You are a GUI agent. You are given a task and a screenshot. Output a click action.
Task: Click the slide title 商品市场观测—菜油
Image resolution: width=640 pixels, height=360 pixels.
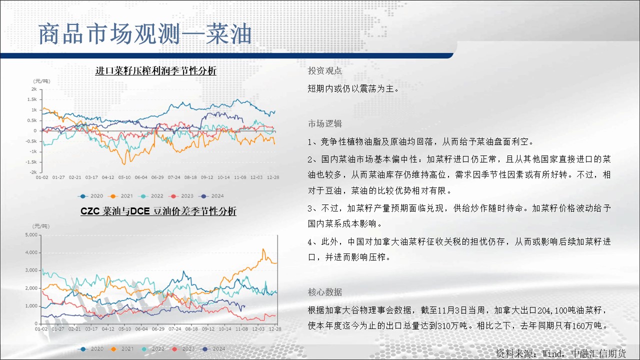pos(145,34)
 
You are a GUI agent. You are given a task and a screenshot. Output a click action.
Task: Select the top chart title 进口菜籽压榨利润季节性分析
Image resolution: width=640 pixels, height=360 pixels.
pos(155,70)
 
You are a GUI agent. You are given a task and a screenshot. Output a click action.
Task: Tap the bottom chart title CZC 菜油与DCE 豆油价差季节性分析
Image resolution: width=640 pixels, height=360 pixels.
pos(158,211)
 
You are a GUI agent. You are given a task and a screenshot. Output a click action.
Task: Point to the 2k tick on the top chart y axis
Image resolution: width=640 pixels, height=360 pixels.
pos(34,89)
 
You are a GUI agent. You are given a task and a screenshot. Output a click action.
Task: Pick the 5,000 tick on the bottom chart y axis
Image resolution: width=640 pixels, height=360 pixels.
pos(31,235)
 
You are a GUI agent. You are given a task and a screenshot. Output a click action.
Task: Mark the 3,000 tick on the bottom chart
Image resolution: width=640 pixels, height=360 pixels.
pos(31,270)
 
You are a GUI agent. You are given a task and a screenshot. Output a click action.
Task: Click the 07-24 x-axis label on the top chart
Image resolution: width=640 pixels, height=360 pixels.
pos(174,177)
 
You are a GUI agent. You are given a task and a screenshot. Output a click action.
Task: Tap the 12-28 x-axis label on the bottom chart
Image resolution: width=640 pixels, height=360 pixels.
pos(275,329)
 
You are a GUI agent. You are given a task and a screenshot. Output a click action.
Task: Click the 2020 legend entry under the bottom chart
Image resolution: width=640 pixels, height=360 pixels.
pos(91,349)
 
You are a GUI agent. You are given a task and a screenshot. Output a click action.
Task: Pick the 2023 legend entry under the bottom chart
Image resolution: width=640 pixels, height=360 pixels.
pos(182,349)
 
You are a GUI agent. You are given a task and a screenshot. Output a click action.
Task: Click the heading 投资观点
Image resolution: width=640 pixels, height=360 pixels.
pos(325,70)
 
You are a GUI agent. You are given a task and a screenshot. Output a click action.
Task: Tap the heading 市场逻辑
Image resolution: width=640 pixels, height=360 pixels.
pos(325,123)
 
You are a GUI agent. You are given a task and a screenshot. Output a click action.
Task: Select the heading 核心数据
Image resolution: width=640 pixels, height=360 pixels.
pos(325,292)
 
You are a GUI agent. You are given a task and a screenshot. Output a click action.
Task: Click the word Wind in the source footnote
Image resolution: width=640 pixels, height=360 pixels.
pos(552,353)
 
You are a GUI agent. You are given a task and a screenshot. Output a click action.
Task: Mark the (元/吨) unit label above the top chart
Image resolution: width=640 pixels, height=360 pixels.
pos(41,81)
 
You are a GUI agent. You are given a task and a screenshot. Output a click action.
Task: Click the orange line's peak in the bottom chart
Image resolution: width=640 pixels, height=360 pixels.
pos(263,249)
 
